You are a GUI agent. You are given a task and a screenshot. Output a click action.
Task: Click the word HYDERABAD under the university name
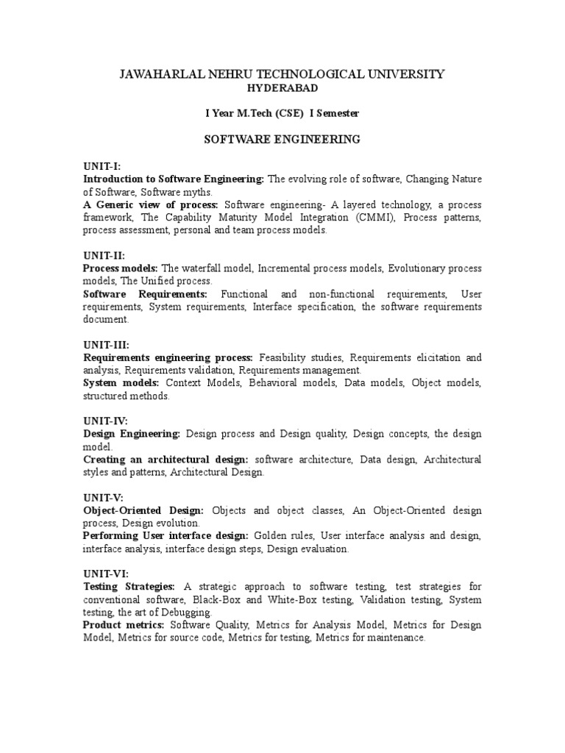pos(282,88)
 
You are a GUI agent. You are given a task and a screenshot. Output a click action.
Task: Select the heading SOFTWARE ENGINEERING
pos(282,139)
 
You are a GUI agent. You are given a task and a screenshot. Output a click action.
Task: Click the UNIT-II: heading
pos(104,256)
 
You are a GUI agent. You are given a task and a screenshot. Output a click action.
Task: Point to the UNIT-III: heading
pos(106,345)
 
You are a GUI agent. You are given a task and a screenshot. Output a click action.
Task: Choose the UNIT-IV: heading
pos(105,421)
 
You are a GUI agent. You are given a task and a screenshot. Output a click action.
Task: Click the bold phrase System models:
pos(121,383)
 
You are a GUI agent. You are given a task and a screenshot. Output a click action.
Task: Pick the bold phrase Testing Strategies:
pos(129,587)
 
